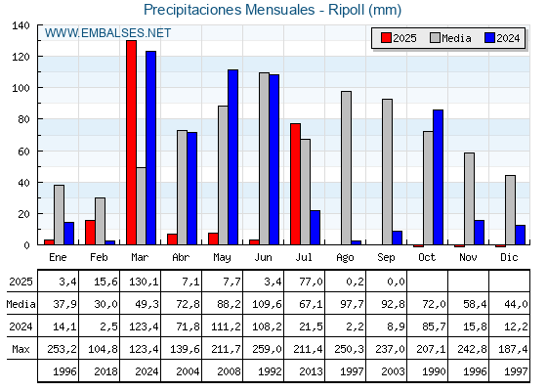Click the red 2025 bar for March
[132, 143]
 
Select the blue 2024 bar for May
[233, 157]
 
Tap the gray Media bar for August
[346, 168]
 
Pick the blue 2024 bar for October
[439, 177]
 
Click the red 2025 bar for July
[295, 184]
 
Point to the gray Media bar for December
[510, 210]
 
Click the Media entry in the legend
[450, 38]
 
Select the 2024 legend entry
[502, 38]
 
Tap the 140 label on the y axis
[21, 25]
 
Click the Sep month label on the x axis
[386, 258]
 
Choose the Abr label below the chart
[181, 258]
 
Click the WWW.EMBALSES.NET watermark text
[107, 33]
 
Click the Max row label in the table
[21, 349]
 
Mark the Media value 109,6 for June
[267, 304]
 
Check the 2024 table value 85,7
[434, 326]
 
